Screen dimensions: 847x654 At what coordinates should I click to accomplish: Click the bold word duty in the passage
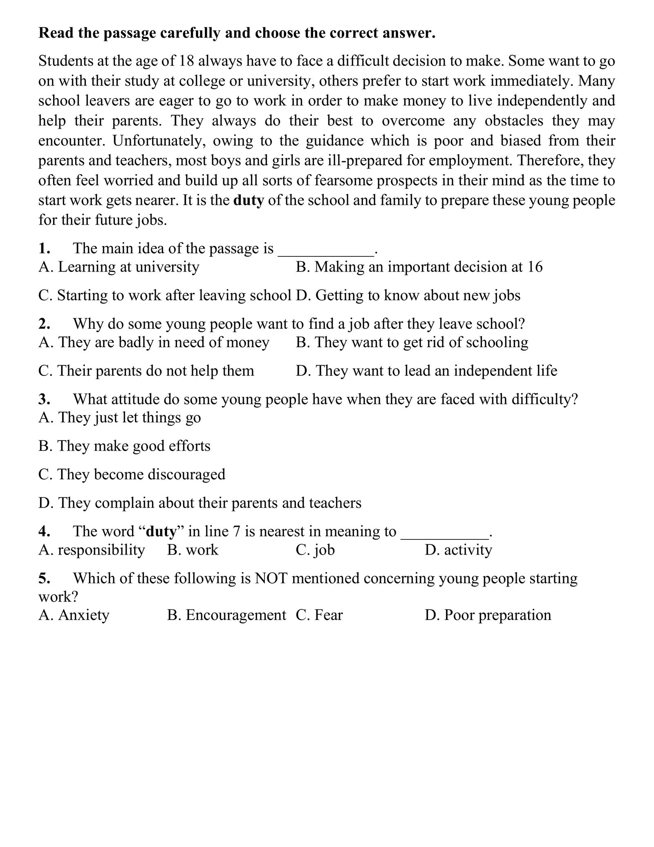tap(249, 200)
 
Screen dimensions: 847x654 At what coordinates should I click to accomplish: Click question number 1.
tap(44, 248)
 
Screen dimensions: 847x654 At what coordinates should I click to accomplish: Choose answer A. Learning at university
tap(119, 267)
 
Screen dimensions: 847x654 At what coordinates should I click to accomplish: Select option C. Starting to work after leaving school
tap(165, 295)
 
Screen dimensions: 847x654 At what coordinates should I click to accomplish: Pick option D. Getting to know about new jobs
tap(408, 295)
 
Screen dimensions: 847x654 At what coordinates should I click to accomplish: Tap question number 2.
tap(44, 324)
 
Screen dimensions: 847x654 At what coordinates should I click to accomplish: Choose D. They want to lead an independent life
tap(426, 371)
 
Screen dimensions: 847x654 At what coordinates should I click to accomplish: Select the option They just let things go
tap(120, 418)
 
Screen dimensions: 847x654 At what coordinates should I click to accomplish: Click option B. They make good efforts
tap(124, 446)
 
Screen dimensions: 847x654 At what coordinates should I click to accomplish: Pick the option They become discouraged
tap(132, 474)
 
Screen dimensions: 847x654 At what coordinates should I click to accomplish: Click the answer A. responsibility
tap(92, 550)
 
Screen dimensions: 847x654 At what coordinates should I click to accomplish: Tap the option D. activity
tap(458, 550)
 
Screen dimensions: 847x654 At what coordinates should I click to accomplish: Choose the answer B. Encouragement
tap(226, 615)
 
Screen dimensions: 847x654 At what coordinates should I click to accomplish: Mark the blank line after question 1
tap(326, 250)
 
